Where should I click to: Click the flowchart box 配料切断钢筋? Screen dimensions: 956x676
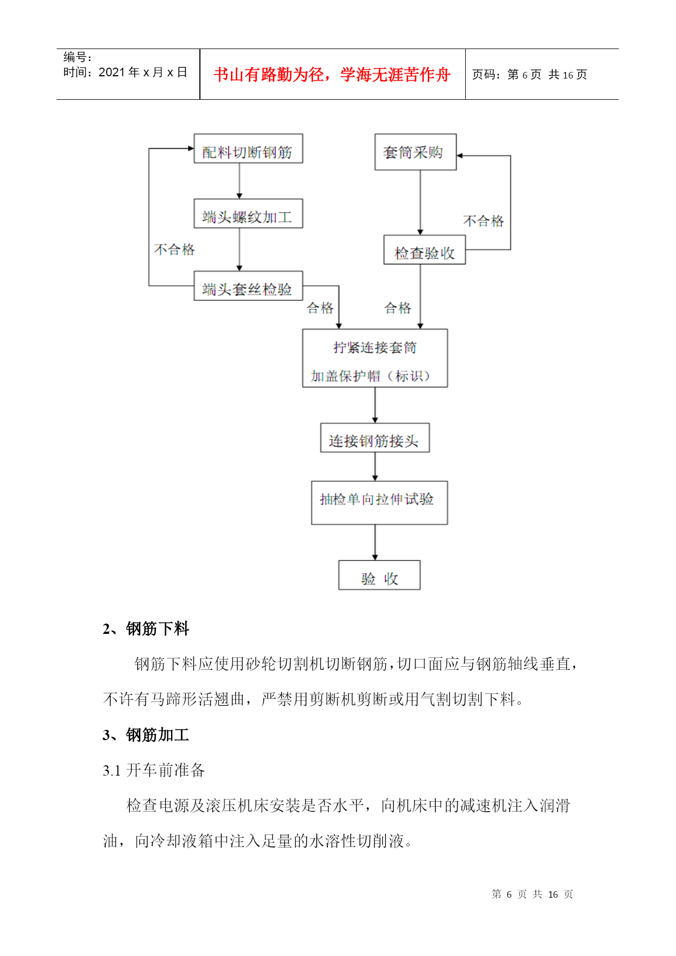(x=248, y=149)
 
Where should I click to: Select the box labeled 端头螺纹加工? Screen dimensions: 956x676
(x=248, y=214)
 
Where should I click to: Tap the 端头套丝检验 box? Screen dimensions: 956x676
(x=248, y=286)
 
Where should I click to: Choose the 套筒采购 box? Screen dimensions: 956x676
(x=415, y=152)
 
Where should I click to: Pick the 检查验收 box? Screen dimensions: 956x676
(x=424, y=250)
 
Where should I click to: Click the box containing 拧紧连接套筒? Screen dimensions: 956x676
(x=375, y=358)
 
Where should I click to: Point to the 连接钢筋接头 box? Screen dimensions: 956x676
(x=375, y=438)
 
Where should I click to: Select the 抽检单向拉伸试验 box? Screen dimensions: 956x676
(x=379, y=503)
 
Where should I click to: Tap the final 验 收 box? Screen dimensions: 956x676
(x=379, y=575)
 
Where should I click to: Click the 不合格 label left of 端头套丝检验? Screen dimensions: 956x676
(x=174, y=250)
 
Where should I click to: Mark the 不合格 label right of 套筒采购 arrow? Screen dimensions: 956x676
(x=483, y=221)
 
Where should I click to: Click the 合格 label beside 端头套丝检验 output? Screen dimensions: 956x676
(x=320, y=308)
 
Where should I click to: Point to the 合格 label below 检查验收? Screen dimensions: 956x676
(x=398, y=308)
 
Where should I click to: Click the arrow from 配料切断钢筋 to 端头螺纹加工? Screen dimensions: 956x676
(x=239, y=181)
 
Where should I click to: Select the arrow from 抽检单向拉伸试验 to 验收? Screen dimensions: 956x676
(x=375, y=542)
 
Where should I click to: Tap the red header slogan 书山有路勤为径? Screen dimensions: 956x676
(x=332, y=75)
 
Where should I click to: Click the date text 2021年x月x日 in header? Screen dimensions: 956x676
(x=143, y=72)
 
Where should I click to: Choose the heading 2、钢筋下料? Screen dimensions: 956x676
(x=146, y=629)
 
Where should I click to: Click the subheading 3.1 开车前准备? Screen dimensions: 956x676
(x=154, y=770)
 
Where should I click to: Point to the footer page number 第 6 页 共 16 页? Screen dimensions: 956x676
(x=532, y=894)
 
